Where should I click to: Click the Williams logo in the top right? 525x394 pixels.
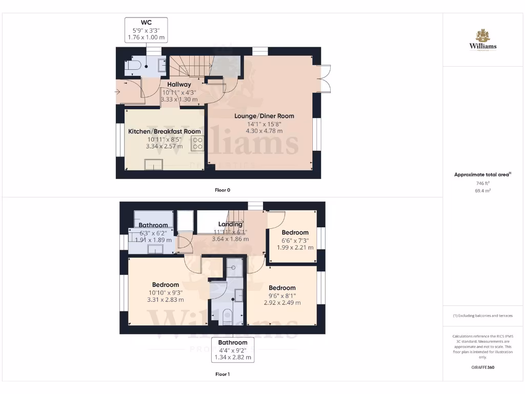(482, 41)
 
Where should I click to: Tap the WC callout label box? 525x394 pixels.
(146, 30)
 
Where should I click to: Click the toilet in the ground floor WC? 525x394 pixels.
(134, 66)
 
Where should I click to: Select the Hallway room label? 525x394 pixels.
(178, 85)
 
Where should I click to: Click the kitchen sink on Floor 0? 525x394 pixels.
(153, 164)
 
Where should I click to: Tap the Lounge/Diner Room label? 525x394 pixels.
(265, 116)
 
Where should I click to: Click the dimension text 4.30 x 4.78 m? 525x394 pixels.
(265, 131)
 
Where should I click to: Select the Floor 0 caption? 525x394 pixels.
(222, 190)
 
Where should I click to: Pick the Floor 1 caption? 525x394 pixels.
(222, 375)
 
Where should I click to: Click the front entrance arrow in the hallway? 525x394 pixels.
(119, 92)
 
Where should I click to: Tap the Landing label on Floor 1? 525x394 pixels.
(230, 225)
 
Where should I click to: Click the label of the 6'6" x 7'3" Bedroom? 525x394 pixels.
(295, 232)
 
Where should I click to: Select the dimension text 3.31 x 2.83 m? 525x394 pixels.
(165, 300)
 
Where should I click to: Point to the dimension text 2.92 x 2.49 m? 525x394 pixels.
(282, 303)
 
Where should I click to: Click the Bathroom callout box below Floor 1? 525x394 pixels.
(232, 350)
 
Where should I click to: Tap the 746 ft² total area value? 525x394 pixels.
(482, 183)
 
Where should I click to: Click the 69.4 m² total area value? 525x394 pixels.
(482, 190)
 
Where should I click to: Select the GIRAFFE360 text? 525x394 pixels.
(482, 367)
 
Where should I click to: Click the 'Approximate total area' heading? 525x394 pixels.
(482, 175)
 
